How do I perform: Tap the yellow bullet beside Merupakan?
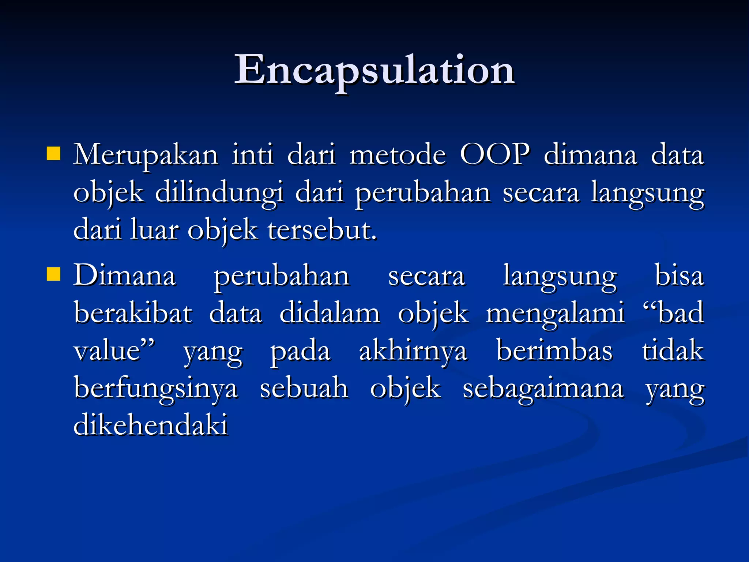pos(53,154)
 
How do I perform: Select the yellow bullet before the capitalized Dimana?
pos(53,274)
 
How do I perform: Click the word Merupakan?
pos(146,156)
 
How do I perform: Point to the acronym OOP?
pos(494,155)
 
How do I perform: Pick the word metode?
pos(398,156)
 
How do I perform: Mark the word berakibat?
pos(133,313)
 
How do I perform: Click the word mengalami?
pos(555,314)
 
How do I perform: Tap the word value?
pos(108,351)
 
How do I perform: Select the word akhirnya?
pos(413,351)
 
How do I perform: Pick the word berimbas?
pos(554,351)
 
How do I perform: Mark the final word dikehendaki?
pos(151,425)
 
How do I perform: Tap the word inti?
pos(253,155)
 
